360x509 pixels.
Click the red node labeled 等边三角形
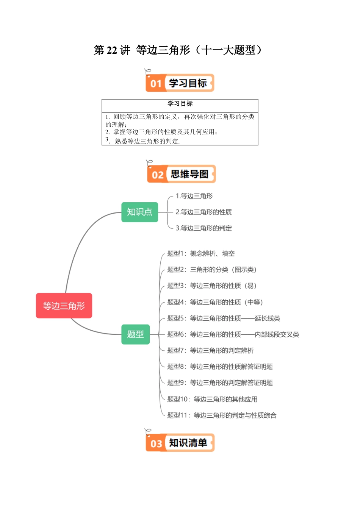[x=64, y=306]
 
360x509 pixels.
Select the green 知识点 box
[x=139, y=212]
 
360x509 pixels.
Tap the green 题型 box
[x=135, y=334]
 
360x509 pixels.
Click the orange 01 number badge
[x=156, y=83]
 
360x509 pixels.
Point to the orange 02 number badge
[x=157, y=175]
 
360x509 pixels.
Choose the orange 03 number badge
[x=156, y=443]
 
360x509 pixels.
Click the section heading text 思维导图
[x=189, y=174]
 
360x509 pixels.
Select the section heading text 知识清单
[x=188, y=443]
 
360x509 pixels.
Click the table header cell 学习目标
[x=180, y=104]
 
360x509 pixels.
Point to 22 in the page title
[x=112, y=50]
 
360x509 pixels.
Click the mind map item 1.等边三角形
[x=194, y=196]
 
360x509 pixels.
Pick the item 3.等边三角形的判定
[x=203, y=228]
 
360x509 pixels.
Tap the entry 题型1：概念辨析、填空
[x=201, y=253]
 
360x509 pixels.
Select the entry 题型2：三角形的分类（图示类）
[x=212, y=270]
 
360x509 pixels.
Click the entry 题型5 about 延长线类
[x=224, y=318]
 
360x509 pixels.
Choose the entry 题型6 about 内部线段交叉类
[x=233, y=334]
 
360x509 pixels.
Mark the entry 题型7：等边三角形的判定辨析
[x=210, y=350]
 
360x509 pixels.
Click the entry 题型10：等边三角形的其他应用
[x=212, y=399]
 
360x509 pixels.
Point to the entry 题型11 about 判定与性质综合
[x=222, y=415]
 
